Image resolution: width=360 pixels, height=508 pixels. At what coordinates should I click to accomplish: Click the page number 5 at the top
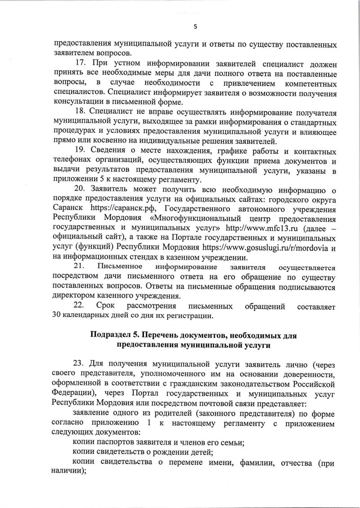[x=195, y=26]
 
